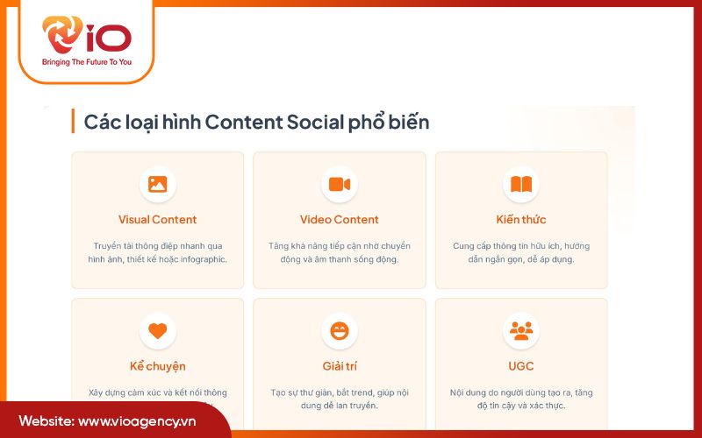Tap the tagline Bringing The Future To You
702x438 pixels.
(x=86, y=63)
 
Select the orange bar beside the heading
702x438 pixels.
(x=73, y=122)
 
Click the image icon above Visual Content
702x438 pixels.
(x=158, y=184)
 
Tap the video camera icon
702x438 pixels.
(x=340, y=184)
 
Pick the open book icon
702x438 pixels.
(x=521, y=184)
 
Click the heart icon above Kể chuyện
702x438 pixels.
(x=158, y=330)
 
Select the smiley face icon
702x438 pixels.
(x=340, y=330)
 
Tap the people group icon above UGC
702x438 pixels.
(x=521, y=330)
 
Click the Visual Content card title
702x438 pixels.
(x=158, y=220)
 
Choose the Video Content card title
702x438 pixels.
(x=340, y=220)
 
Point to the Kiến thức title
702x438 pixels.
(x=521, y=220)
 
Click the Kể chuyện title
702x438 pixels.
(x=158, y=366)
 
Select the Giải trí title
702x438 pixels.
(x=340, y=366)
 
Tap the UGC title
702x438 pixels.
(x=521, y=366)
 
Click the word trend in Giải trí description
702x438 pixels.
(x=362, y=392)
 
